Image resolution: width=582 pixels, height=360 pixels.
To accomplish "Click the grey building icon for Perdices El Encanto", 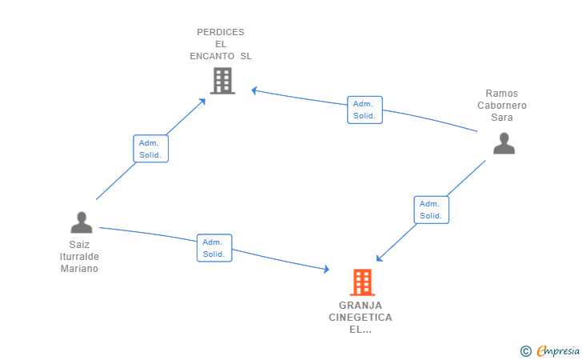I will [x=222, y=80].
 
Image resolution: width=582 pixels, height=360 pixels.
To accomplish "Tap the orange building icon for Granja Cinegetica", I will [x=362, y=282].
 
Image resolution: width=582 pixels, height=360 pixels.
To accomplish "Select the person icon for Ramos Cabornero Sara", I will [x=504, y=143].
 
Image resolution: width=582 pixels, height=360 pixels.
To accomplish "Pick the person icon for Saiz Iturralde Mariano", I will [x=82, y=222].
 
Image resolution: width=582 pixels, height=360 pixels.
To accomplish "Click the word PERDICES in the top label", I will [x=221, y=32].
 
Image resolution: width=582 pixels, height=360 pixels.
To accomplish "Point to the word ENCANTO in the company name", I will [x=213, y=56].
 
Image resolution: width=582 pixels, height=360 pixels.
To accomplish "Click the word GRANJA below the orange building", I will [x=360, y=305].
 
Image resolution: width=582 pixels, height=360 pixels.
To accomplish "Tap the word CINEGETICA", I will [x=360, y=317].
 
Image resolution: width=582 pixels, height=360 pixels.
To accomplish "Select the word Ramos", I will [x=502, y=93].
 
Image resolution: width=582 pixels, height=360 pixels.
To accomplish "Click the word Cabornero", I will [x=502, y=105].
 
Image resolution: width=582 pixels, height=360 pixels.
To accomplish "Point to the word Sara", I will [x=502, y=117].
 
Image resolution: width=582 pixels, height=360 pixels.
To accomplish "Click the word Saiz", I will [x=79, y=245].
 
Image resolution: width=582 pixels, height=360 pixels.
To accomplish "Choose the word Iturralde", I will [x=79, y=257].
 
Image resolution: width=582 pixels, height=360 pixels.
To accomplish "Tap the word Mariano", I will [x=79, y=269].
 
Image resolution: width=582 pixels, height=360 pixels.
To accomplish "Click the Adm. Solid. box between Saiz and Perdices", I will [x=150, y=149].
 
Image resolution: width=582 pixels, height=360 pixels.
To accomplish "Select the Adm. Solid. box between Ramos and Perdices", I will [x=365, y=110].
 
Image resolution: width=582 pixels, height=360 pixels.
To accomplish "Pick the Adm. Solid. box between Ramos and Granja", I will [x=431, y=210].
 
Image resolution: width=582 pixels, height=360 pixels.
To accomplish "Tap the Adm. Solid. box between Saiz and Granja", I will [x=213, y=248].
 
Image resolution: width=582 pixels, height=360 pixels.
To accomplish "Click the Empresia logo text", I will [x=558, y=350].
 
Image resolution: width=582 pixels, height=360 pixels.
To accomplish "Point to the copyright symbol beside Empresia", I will [x=525, y=350].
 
